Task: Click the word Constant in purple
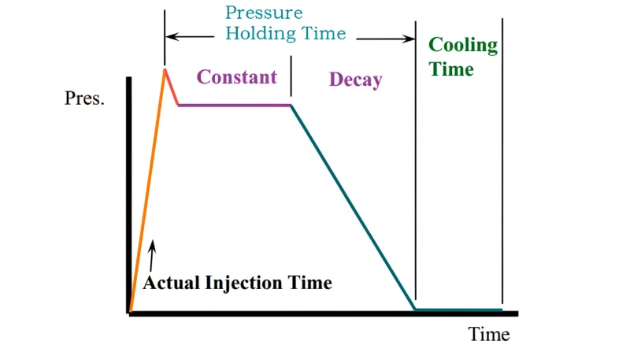coord(236,77)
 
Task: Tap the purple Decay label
coord(355,80)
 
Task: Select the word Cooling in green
coord(462,45)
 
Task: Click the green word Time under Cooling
coord(451,69)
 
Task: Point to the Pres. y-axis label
coord(84,100)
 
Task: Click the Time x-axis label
coord(489,334)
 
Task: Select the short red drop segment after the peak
coord(172,87)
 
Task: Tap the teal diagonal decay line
coord(353,207)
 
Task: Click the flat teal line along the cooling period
coord(458,310)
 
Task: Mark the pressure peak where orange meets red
coord(165,69)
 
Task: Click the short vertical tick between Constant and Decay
coord(291,80)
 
